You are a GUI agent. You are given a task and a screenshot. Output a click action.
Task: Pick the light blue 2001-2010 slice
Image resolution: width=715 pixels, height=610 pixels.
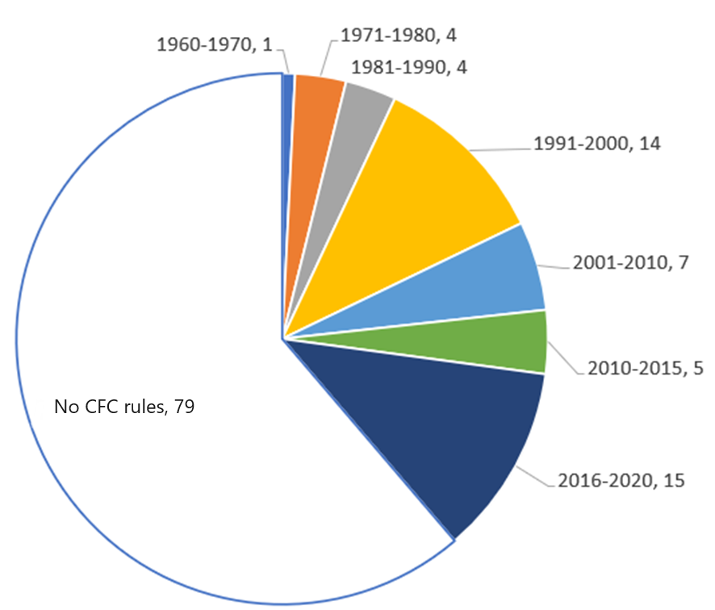click(484, 278)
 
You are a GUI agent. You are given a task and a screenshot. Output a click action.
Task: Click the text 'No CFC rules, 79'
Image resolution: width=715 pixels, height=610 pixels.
click(124, 407)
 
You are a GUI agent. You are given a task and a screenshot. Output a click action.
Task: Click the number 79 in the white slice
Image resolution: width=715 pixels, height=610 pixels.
click(185, 407)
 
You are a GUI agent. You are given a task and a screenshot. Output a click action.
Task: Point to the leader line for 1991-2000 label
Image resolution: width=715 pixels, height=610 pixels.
click(500, 149)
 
